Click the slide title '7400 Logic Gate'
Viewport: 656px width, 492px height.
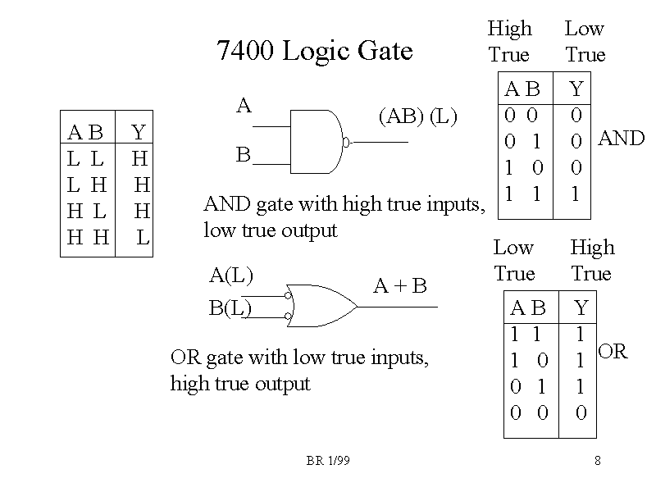tap(314, 51)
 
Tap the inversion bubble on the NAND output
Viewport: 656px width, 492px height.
tap(347, 143)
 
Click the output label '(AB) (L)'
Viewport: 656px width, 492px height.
tap(417, 116)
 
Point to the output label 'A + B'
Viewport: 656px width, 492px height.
tap(400, 286)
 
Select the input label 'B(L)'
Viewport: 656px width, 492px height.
tap(230, 308)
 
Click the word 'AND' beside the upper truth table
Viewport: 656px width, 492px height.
tap(622, 139)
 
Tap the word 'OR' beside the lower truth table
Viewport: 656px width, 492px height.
tap(613, 353)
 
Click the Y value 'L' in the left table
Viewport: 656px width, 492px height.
tap(143, 238)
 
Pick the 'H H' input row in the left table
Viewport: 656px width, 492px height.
tap(88, 238)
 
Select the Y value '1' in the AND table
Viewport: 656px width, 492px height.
tap(576, 194)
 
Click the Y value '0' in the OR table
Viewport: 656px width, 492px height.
tap(581, 412)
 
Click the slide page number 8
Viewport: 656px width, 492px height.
tap(598, 462)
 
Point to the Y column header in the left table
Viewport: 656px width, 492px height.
tap(139, 132)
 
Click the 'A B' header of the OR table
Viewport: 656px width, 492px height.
tap(528, 308)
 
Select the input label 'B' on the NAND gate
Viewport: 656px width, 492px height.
tap(243, 154)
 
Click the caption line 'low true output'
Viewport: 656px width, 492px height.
tap(270, 230)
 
